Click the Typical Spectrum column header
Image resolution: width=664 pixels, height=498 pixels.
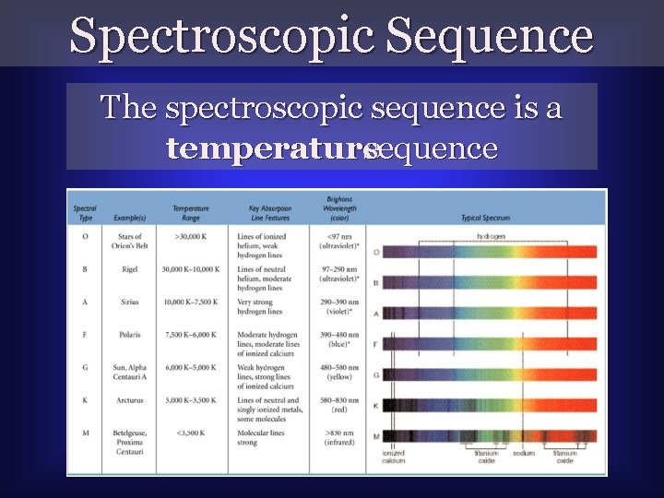(x=485, y=219)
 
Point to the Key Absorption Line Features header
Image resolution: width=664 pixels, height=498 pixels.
(x=267, y=214)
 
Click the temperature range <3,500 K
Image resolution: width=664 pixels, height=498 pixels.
(x=192, y=433)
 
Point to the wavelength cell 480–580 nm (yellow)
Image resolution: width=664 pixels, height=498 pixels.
(x=344, y=373)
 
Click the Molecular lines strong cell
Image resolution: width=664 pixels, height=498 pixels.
(x=265, y=437)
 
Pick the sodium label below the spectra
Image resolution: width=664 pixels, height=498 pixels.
(x=523, y=454)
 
